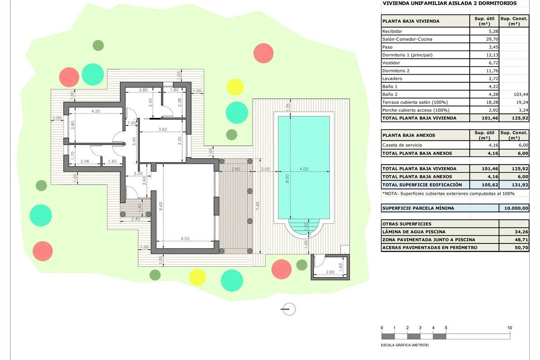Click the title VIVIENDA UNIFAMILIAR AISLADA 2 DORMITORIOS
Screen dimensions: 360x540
point(449,3)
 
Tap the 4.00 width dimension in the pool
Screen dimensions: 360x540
point(304,169)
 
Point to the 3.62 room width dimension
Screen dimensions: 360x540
point(162,129)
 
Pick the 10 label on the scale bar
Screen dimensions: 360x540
point(510,328)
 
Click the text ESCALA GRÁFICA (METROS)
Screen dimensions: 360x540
point(405,345)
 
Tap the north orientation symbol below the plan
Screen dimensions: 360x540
point(288,309)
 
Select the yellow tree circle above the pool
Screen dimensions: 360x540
point(234,86)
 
